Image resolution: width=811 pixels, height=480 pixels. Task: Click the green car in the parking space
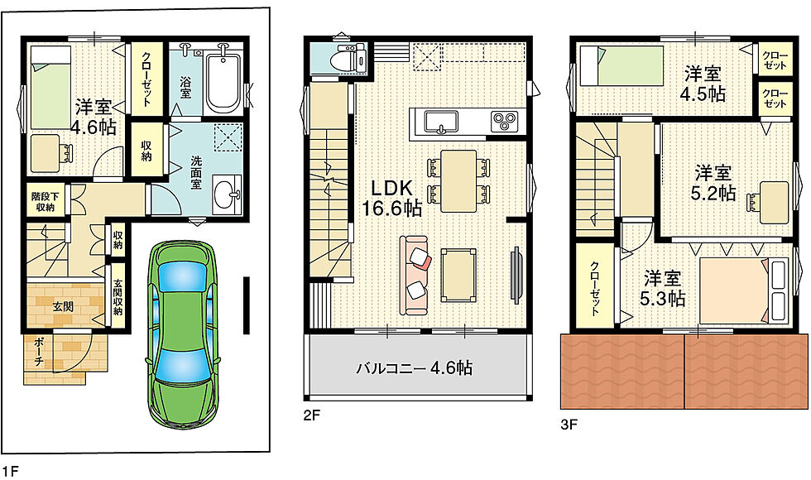click(x=183, y=334)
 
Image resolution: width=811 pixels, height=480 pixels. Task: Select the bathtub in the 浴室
click(x=223, y=83)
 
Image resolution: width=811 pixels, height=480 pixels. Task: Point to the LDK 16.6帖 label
click(x=391, y=198)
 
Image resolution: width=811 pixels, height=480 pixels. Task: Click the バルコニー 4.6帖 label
click(x=414, y=367)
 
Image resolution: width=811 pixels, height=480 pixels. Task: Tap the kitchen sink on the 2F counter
click(x=441, y=122)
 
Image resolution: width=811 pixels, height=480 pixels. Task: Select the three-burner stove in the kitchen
click(x=504, y=122)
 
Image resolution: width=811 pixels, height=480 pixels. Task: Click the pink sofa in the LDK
click(x=415, y=275)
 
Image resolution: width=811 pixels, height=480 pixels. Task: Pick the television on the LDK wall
click(x=515, y=275)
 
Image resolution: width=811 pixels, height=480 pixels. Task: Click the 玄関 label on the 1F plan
click(x=63, y=306)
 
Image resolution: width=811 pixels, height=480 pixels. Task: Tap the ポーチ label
click(x=38, y=353)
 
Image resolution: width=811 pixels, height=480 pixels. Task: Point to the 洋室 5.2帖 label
click(x=713, y=183)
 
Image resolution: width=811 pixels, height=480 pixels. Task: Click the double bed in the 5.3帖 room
click(x=746, y=290)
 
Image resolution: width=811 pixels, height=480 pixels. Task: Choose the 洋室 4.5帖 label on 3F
click(x=703, y=84)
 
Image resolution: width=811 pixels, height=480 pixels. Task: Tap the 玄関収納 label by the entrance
click(x=118, y=297)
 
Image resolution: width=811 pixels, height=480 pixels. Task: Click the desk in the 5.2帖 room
click(x=775, y=202)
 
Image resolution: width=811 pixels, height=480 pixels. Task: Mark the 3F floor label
click(x=569, y=425)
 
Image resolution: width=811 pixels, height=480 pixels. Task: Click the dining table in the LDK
click(x=458, y=181)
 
